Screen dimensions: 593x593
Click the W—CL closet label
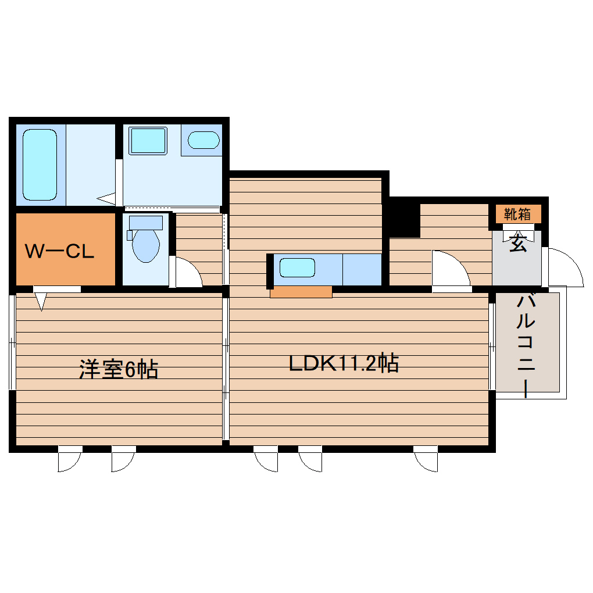click(x=59, y=252)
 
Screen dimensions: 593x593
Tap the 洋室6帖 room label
click(x=119, y=370)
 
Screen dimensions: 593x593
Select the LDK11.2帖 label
click(x=344, y=364)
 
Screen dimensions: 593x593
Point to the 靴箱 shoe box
click(x=517, y=214)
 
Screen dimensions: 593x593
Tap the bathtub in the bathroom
click(x=40, y=165)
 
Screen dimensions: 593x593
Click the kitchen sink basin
click(x=297, y=268)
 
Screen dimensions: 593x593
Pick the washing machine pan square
click(x=148, y=140)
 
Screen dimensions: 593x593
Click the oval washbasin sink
click(x=203, y=140)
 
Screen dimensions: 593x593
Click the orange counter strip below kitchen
click(x=301, y=292)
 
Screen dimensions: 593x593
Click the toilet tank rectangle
click(x=145, y=222)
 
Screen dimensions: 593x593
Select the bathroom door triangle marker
click(x=107, y=198)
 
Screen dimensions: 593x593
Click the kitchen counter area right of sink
click(x=362, y=269)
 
